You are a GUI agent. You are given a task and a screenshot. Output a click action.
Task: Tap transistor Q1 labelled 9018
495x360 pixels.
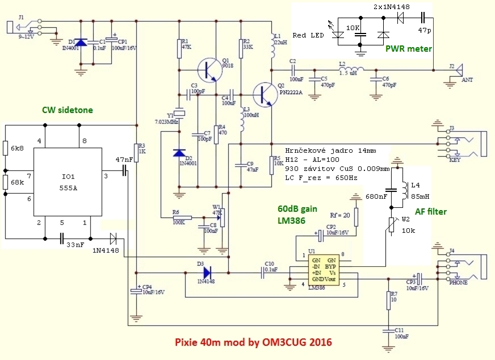[209, 70]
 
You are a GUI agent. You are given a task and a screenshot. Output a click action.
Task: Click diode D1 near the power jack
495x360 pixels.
[81, 43]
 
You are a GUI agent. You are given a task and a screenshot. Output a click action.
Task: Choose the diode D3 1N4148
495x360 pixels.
[203, 273]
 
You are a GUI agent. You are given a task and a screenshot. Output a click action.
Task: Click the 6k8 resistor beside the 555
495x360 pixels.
[5, 149]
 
